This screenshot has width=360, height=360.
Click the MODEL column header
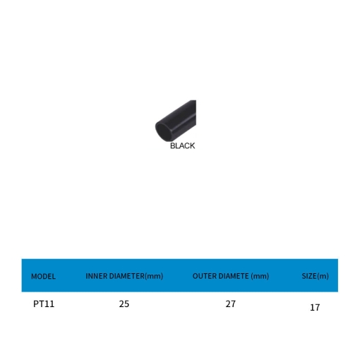(43, 276)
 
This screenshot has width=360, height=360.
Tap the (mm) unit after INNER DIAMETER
(154, 276)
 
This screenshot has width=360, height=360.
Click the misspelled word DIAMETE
(234, 276)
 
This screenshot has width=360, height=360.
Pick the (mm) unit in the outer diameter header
(260, 276)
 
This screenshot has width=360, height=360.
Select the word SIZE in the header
(309, 276)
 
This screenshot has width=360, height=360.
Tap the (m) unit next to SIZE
(323, 276)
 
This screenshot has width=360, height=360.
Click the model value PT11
(44, 304)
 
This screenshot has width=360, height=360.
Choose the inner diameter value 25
(124, 304)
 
